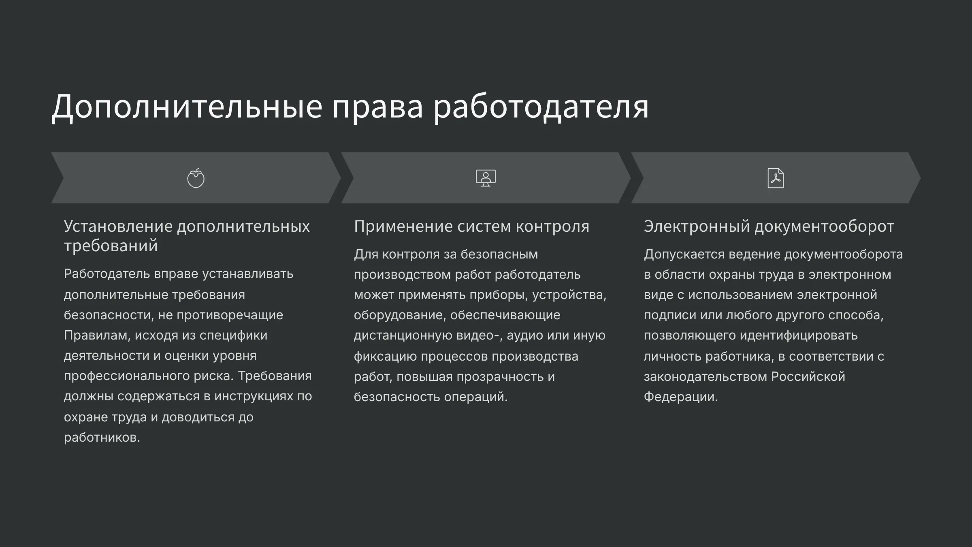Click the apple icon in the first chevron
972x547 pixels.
(196, 178)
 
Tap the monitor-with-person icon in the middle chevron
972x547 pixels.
(486, 178)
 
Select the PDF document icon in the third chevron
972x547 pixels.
(776, 178)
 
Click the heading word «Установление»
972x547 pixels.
(118, 226)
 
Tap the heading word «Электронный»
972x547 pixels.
(697, 226)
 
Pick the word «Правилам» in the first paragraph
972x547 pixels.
(97, 335)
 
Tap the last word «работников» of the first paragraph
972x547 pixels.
(102, 438)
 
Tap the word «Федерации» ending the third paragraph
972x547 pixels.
(681, 397)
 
